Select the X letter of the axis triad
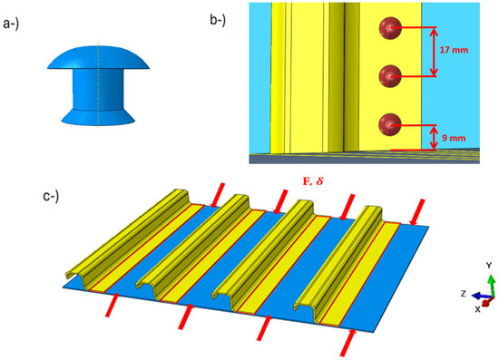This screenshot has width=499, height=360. tap(477, 308)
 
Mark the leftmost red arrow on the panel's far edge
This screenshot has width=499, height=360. tap(214, 192)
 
